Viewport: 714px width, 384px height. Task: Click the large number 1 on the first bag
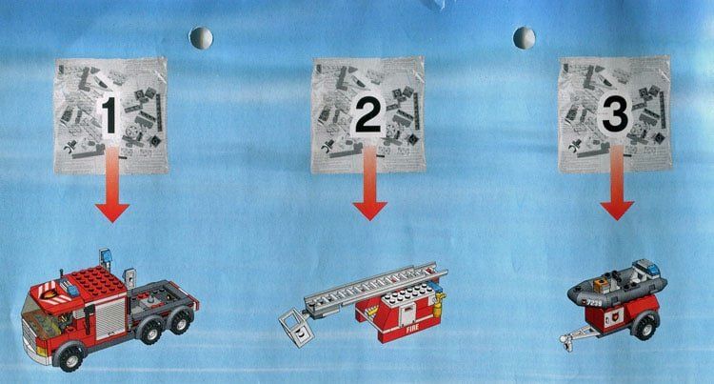[109, 114]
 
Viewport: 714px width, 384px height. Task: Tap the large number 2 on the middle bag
[367, 114]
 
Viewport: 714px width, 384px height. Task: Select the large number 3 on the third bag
[615, 114]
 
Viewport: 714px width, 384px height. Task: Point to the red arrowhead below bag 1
[112, 212]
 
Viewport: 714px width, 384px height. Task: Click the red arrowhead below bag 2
[369, 211]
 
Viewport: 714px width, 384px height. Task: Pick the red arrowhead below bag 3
[617, 211]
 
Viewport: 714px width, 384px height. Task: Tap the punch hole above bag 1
[201, 38]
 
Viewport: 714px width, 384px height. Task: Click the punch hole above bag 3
[525, 38]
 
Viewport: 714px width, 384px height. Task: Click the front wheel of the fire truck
[69, 357]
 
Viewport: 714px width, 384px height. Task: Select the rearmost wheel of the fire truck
[181, 321]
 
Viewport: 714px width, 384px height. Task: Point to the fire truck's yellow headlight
[42, 352]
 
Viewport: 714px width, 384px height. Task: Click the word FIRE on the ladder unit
[412, 327]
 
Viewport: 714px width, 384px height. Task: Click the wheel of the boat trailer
[645, 326]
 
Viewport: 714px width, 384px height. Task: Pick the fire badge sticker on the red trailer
[610, 317]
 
